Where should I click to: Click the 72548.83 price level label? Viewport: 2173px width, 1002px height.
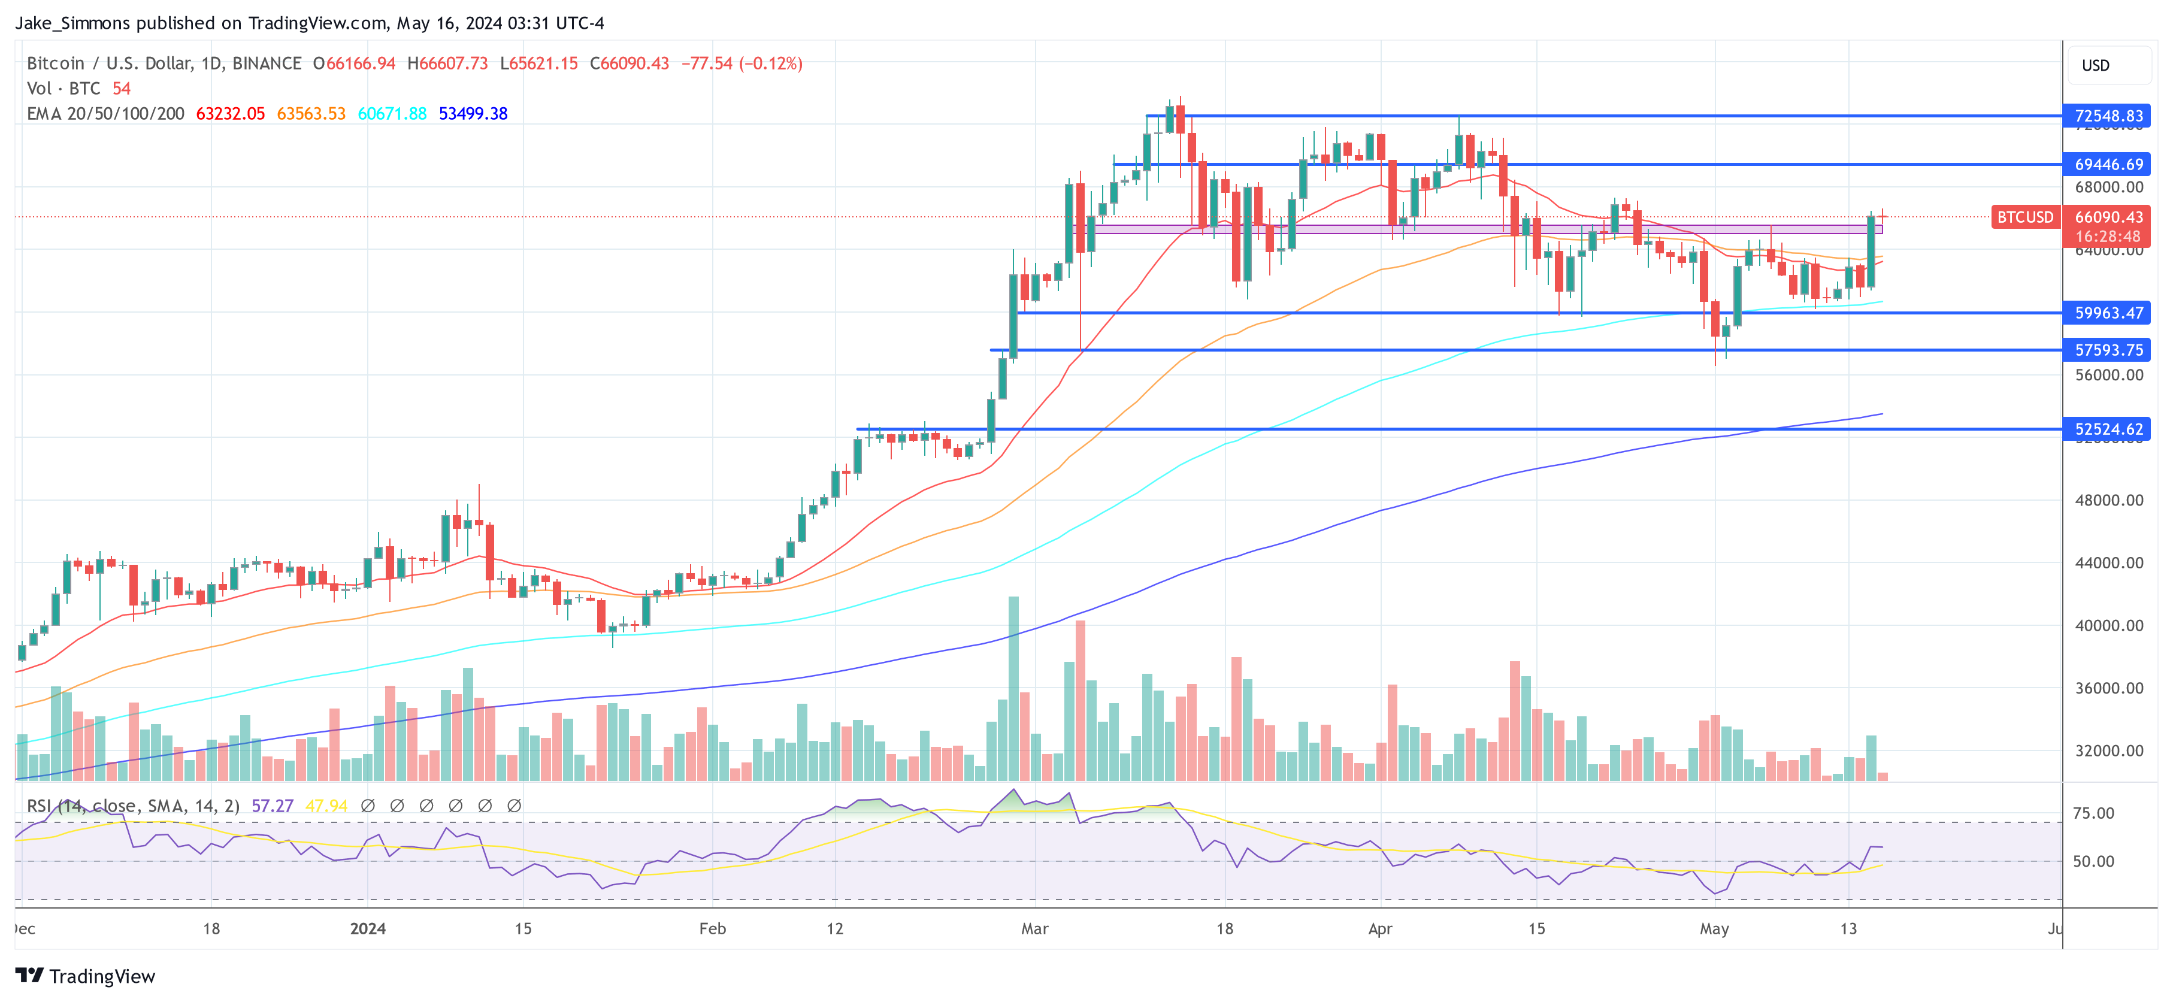tap(2107, 116)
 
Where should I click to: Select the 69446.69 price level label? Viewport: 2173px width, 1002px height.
tap(2107, 165)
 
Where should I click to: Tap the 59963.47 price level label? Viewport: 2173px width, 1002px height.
tap(2107, 313)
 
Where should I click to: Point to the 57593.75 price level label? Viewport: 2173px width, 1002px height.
tap(2107, 350)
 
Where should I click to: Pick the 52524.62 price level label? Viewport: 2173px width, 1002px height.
tap(2107, 429)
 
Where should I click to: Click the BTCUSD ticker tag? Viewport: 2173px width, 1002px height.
tap(2024, 217)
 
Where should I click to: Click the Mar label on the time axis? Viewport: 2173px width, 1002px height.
tap(1034, 928)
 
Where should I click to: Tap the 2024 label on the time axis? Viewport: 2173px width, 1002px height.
tap(368, 928)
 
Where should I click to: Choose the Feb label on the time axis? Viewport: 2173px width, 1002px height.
tap(712, 928)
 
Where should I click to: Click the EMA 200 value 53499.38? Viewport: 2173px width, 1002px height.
tap(473, 114)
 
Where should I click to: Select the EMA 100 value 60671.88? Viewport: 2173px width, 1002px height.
tap(392, 114)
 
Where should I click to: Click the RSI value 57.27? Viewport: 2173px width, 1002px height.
tap(273, 806)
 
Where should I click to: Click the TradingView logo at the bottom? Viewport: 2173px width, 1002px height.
tap(85, 976)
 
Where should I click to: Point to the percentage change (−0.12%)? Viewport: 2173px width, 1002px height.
tap(771, 63)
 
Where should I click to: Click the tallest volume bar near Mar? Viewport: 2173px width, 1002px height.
tap(1013, 688)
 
